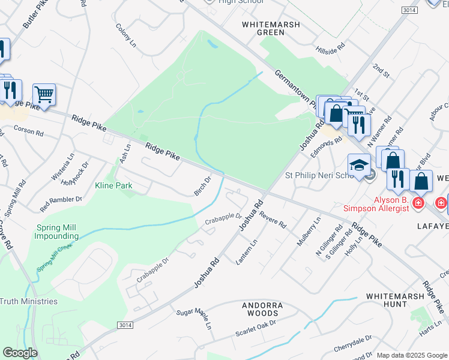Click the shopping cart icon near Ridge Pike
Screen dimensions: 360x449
44,95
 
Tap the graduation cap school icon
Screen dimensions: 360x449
359,166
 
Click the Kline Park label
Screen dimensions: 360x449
113,186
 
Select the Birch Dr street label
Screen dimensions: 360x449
203,185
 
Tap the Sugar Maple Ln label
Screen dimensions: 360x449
194,320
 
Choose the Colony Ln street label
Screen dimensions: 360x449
127,36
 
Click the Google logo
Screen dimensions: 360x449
20,353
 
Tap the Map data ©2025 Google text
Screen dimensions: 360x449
411,355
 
